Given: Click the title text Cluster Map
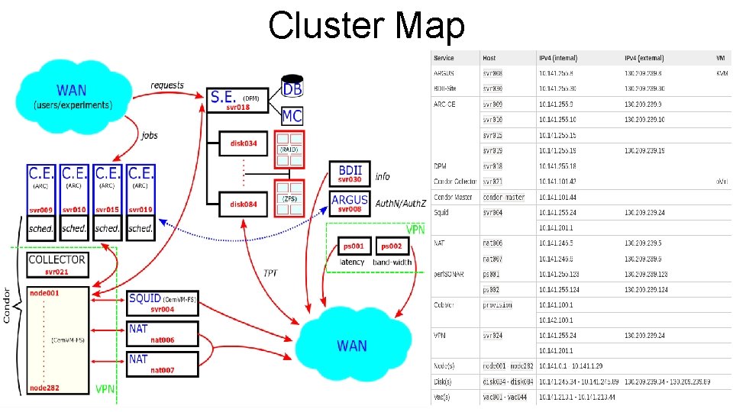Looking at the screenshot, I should tap(366, 26).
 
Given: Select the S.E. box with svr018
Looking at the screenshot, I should tap(237, 100).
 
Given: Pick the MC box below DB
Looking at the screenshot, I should tap(292, 115).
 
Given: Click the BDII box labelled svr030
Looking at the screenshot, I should tap(350, 173).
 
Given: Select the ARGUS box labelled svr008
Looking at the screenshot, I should tap(350, 202).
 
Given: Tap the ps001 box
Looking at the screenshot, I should tap(353, 246).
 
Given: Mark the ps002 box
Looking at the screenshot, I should tap(392, 246).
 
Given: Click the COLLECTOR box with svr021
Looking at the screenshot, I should tap(57, 264).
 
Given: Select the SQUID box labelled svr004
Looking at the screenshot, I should tap(162, 303).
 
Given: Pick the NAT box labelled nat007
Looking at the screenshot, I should tap(162, 363).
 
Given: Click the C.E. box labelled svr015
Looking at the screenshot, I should tap(107, 191).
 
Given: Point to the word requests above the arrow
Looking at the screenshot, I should tap(167, 85).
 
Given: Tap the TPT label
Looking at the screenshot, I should tap(271, 272).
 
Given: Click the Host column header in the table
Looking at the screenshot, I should tap(489, 58).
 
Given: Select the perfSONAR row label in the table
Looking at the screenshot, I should tap(450, 273).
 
